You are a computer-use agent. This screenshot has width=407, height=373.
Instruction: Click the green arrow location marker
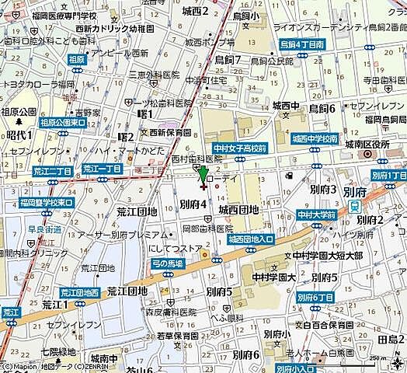(203, 176)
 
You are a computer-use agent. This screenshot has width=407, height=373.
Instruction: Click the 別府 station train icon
(354, 207)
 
